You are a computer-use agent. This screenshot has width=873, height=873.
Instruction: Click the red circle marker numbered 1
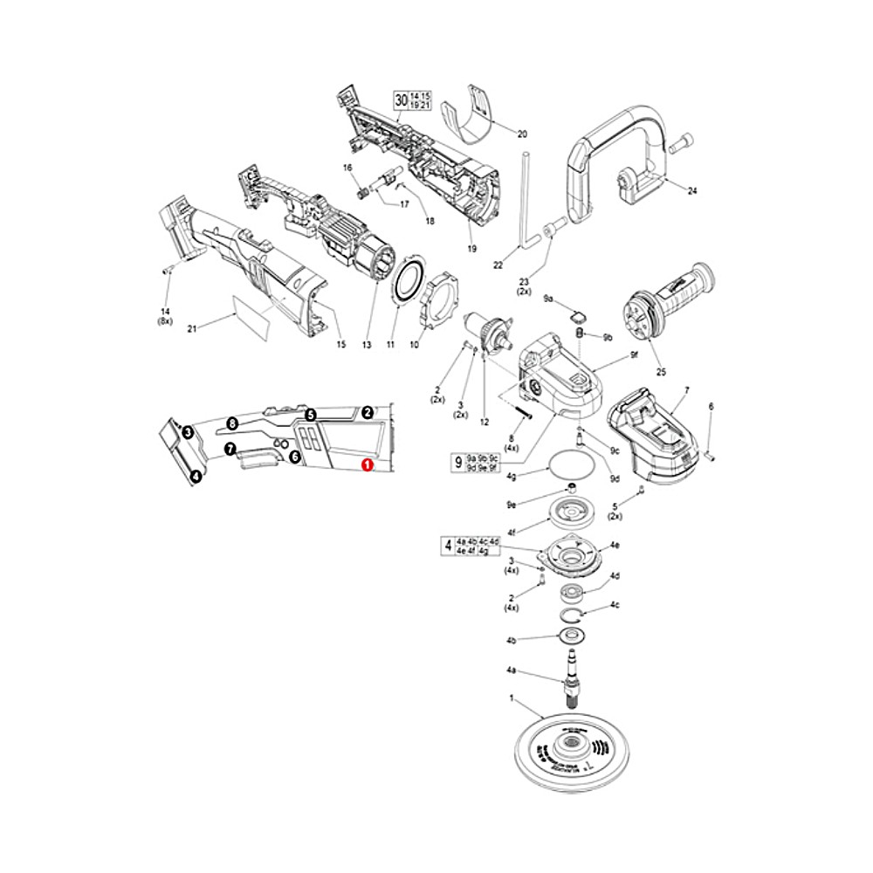pyautogui.click(x=368, y=467)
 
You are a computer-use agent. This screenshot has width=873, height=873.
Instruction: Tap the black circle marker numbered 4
pyautogui.click(x=196, y=477)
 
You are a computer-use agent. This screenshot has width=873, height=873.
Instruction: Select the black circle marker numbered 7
pyautogui.click(x=229, y=449)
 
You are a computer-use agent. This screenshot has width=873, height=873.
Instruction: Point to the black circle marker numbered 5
pyautogui.click(x=310, y=415)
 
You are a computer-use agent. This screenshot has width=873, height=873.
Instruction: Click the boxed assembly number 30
pyautogui.click(x=401, y=100)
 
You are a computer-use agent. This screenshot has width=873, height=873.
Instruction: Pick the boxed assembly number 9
pyautogui.click(x=457, y=462)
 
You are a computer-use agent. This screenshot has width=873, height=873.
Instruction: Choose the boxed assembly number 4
pyautogui.click(x=449, y=546)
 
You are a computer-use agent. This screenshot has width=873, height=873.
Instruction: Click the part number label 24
pyautogui.click(x=692, y=190)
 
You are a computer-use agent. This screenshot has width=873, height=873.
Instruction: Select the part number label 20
pyautogui.click(x=522, y=134)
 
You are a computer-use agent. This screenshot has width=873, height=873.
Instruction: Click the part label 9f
pyautogui.click(x=635, y=355)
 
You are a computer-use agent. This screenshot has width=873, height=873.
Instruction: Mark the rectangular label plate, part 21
pyautogui.click(x=251, y=318)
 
